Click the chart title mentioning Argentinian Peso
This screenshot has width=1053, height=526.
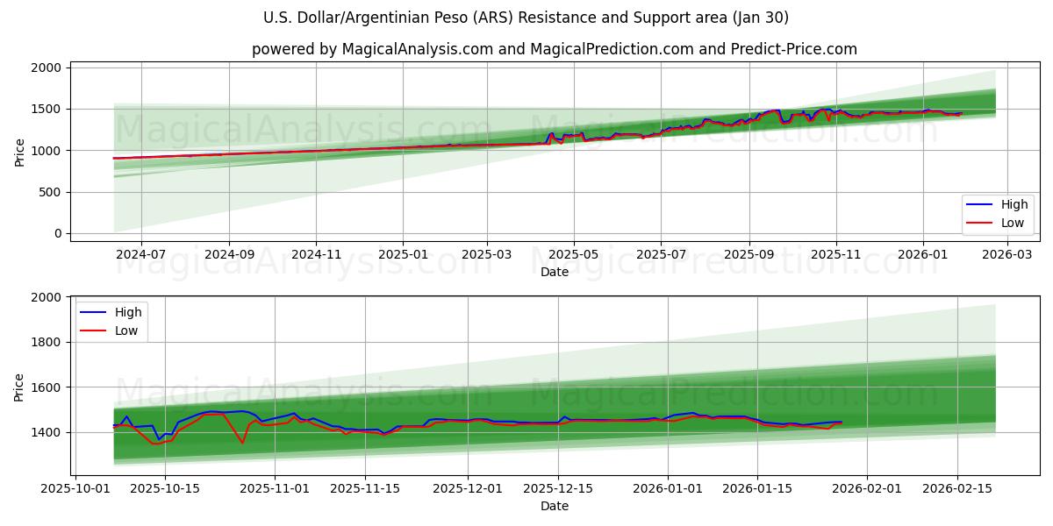(526, 18)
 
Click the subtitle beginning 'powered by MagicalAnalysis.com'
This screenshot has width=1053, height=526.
(554, 49)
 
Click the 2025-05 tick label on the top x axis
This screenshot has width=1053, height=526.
(574, 254)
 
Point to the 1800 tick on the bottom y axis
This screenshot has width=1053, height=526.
(47, 343)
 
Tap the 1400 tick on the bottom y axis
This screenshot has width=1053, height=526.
(47, 433)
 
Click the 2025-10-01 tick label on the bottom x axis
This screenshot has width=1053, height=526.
(75, 488)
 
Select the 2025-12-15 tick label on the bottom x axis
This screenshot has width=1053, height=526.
(557, 488)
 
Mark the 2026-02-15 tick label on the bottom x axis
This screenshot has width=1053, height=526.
(956, 488)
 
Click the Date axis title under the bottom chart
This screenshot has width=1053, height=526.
(554, 506)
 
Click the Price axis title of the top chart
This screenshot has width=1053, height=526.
(19, 152)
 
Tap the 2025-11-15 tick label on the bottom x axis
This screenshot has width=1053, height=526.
(364, 488)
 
